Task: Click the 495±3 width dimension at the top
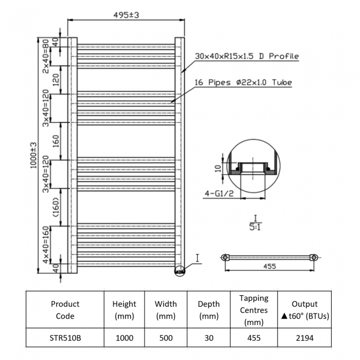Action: (x=126, y=14)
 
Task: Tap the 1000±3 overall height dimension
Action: (x=33, y=155)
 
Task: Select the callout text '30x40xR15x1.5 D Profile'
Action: (x=246, y=56)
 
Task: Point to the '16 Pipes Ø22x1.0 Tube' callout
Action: (x=243, y=83)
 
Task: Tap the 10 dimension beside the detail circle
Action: (x=218, y=168)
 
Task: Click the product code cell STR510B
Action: (x=65, y=337)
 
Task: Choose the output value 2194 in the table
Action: (x=305, y=337)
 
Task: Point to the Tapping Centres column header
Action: (x=254, y=310)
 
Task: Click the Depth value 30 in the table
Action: (x=208, y=337)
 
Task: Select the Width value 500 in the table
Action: (x=166, y=337)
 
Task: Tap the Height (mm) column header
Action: (x=124, y=310)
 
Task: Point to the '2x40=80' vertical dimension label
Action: (x=47, y=56)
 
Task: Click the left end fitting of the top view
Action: (x=225, y=258)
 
